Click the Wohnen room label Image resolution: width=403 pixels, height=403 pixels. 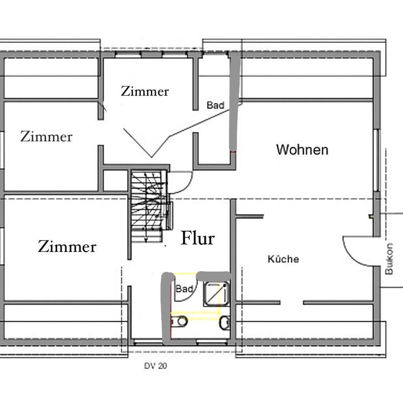302,149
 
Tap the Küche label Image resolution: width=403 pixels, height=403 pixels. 283,259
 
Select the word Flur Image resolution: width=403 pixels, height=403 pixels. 198,238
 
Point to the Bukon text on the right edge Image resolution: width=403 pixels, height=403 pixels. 389,259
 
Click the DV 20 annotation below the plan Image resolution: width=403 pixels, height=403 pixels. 155,366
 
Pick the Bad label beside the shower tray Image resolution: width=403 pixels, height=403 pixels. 184,289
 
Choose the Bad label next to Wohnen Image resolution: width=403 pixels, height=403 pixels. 215,105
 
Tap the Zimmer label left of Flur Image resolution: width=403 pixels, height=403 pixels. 67,246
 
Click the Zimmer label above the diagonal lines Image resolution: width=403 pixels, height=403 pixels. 145,91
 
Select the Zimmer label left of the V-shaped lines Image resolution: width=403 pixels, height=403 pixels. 46,136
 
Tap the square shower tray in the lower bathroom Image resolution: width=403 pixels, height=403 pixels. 216,293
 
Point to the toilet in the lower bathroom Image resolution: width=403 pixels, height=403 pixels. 181,322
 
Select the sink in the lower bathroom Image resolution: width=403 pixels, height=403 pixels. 225,322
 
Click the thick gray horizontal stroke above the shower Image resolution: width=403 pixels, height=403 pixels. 214,275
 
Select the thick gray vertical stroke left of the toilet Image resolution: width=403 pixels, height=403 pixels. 166,309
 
